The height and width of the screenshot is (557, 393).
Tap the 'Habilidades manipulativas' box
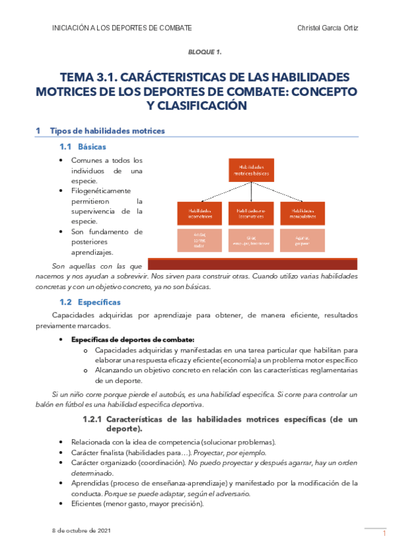(302, 213)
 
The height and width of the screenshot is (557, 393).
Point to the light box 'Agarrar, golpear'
(302, 240)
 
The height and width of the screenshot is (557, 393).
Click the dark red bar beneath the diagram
(253, 264)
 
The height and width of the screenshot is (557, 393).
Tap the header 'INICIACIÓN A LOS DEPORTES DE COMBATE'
(121, 28)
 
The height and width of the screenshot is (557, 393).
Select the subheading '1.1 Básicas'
(82, 146)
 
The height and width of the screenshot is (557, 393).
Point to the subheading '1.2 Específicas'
(90, 302)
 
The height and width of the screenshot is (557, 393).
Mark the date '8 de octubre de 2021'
(82, 529)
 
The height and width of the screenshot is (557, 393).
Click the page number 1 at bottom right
(384, 535)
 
